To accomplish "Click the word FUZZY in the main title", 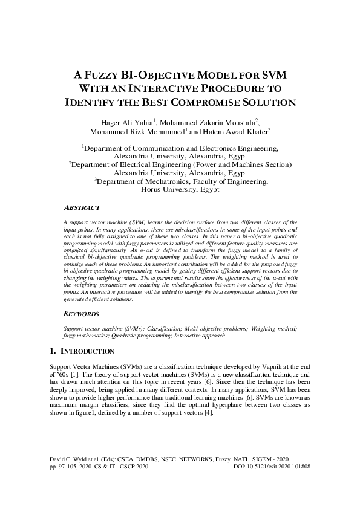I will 103,76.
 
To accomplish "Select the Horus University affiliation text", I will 180,189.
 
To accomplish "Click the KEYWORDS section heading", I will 82,314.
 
